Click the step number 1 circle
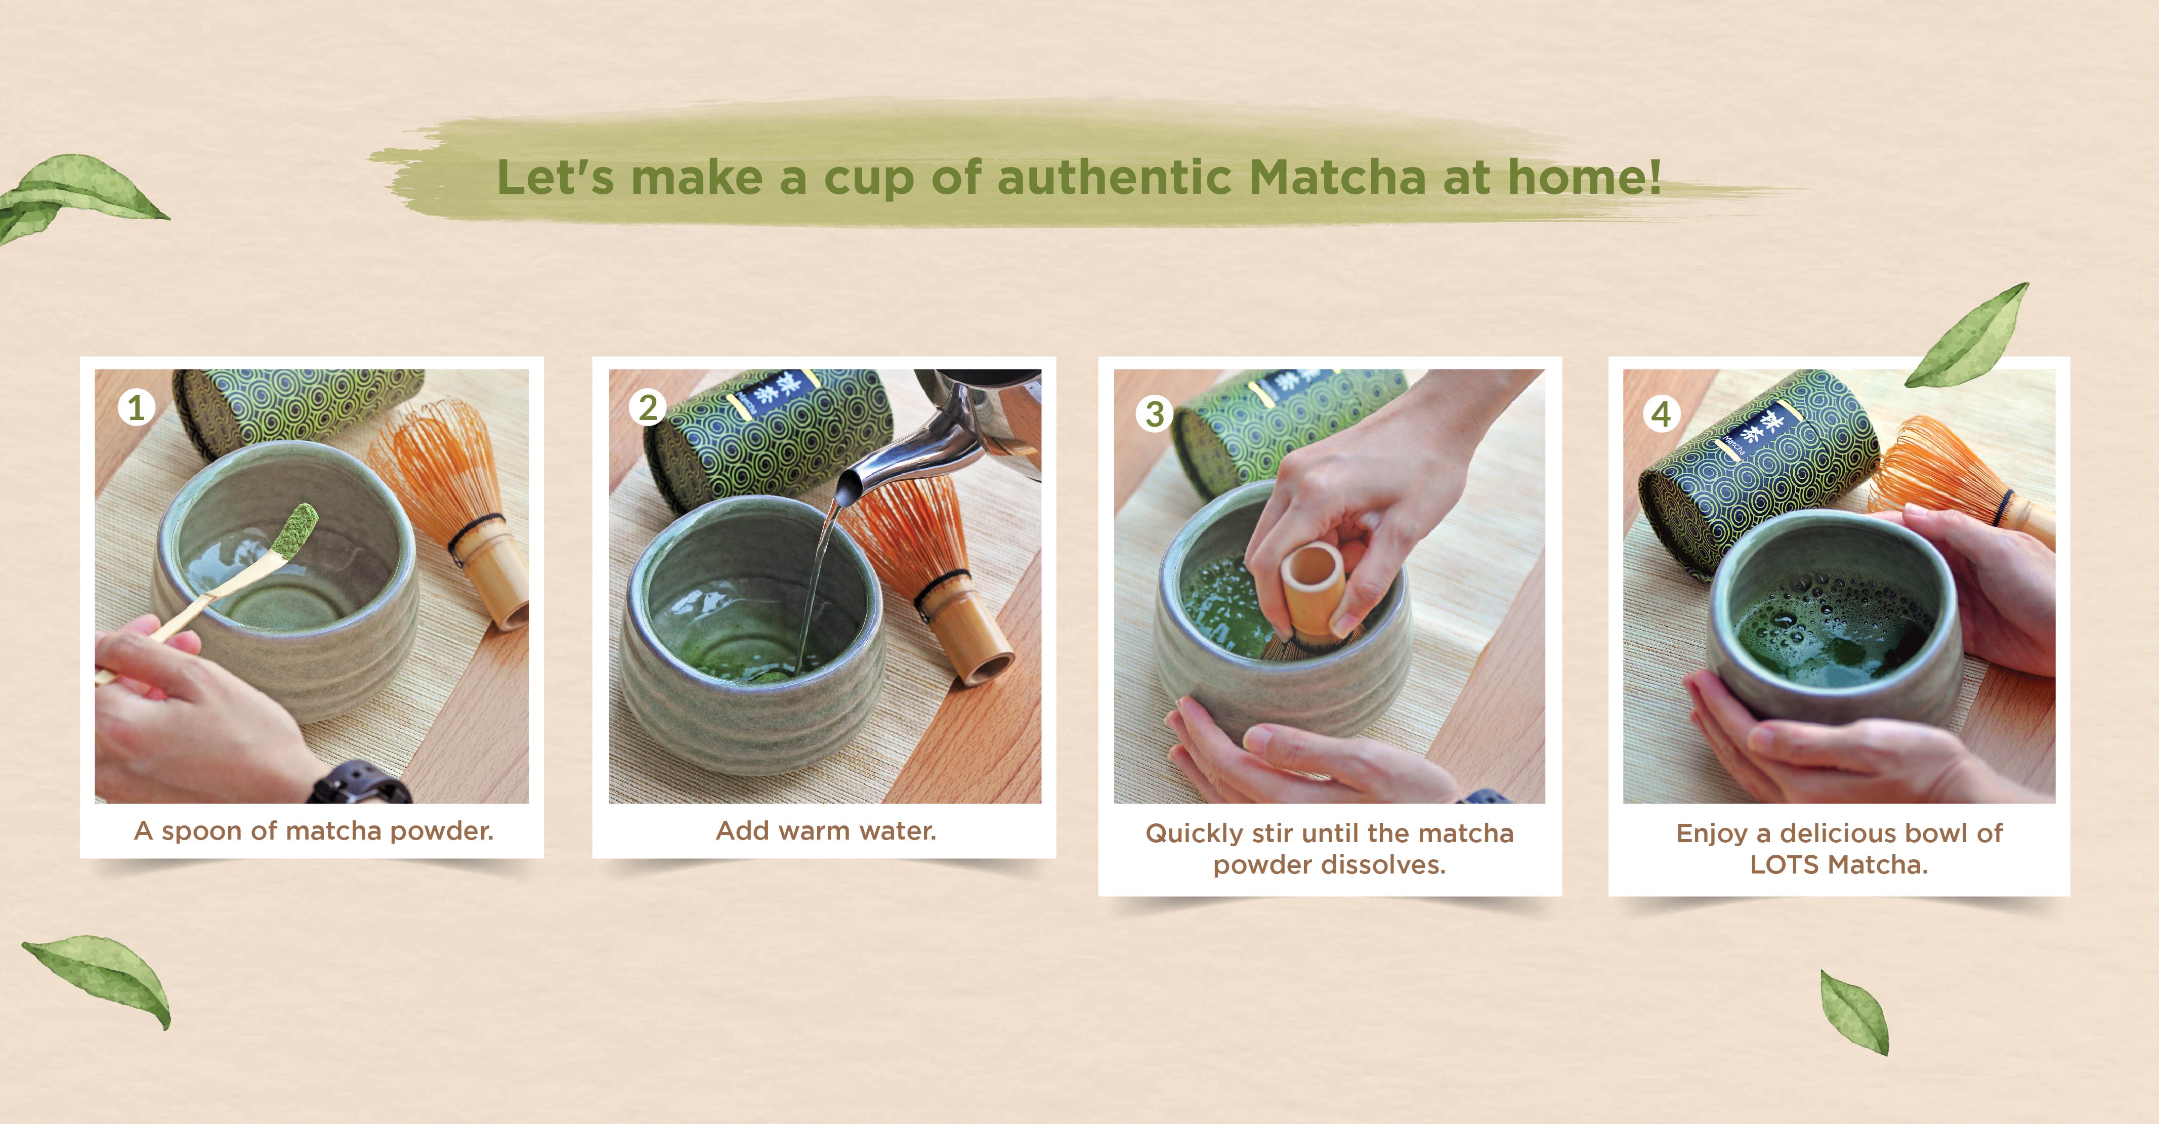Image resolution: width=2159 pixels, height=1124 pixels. (x=136, y=408)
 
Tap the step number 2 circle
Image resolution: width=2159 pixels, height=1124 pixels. (x=648, y=408)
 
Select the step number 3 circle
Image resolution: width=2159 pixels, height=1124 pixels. (x=1154, y=413)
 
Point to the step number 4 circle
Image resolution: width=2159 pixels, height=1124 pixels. (x=1661, y=413)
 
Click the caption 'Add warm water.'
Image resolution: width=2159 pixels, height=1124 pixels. (x=826, y=830)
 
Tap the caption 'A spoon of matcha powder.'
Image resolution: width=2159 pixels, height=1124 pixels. (x=314, y=830)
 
